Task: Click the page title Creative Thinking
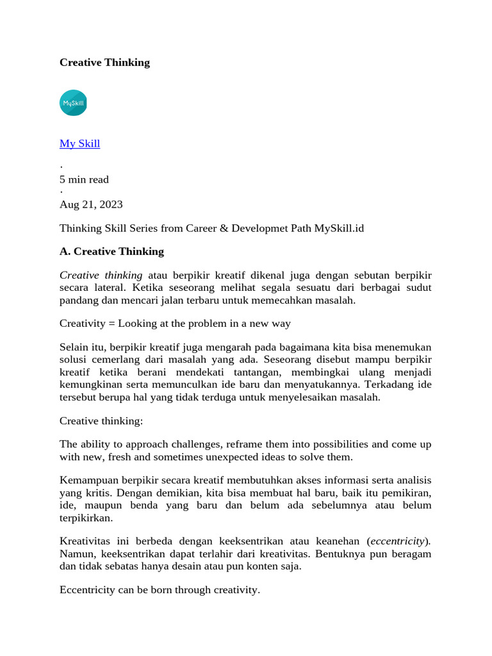104,62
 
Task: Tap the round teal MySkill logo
73,102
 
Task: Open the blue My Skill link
79,143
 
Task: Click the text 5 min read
84,179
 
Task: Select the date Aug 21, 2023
91,204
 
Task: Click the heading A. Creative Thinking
111,251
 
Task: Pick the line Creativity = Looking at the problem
175,324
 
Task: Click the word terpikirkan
86,518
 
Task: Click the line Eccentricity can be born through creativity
160,589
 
